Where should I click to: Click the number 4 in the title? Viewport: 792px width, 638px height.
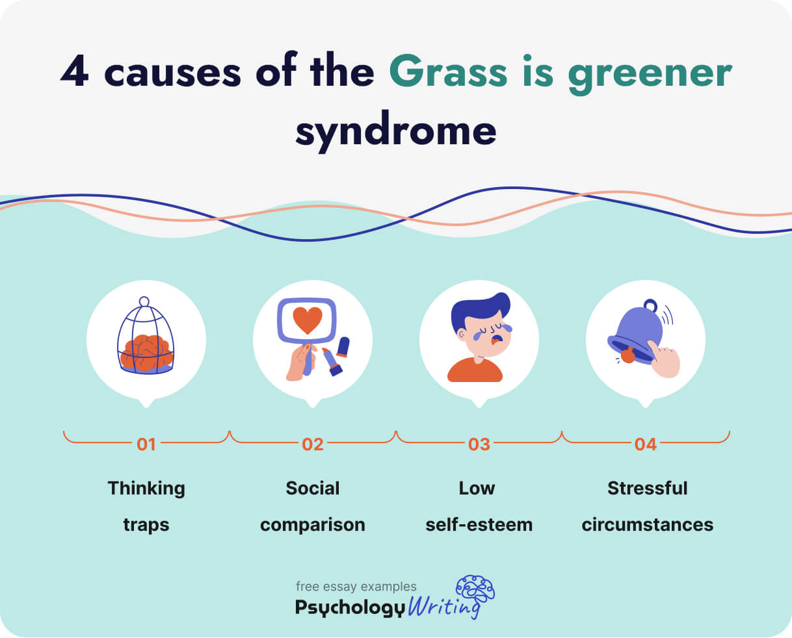74,71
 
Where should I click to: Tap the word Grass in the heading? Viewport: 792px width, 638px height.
448,71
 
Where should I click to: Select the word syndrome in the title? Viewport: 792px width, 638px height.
395,130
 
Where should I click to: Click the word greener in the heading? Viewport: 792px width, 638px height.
650,74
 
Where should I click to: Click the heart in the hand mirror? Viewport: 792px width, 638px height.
307,320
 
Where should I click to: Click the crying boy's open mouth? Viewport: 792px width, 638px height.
496,339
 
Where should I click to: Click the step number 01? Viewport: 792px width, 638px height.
146,444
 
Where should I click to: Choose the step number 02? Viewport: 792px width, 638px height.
313,444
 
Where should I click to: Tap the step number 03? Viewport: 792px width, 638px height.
479,444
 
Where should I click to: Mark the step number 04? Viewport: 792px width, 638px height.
646,444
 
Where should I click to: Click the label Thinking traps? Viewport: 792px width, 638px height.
146,506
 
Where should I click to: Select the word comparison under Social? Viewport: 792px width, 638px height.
313,524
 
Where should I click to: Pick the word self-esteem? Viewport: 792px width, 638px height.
479,524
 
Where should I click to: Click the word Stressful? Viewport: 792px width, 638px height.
647,488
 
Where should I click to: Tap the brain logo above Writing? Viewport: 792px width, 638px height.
475,589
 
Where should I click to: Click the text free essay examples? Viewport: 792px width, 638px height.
356,587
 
